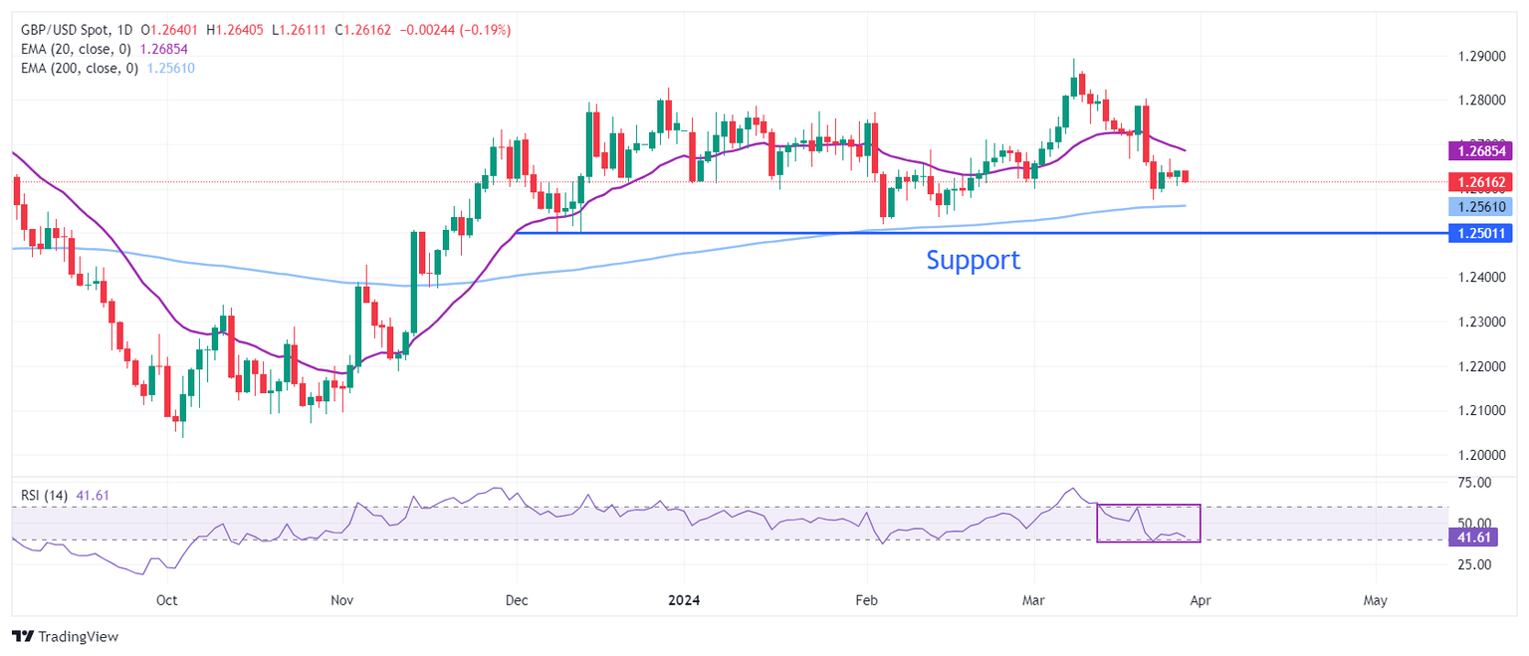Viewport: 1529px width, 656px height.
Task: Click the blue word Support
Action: tap(973, 260)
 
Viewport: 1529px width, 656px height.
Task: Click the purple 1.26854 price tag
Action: tap(1478, 151)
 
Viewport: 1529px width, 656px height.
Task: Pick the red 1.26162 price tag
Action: tap(1478, 182)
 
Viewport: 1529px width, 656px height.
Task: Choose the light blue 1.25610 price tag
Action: tap(1478, 207)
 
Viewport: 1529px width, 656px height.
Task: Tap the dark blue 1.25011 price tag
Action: tap(1478, 233)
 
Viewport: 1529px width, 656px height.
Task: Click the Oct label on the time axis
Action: tap(166, 600)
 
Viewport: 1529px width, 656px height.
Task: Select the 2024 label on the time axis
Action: tap(685, 600)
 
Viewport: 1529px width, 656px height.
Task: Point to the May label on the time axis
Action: tap(1375, 600)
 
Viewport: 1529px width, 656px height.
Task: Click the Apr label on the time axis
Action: tap(1200, 600)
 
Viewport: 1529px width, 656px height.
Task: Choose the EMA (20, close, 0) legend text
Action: tap(76, 49)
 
